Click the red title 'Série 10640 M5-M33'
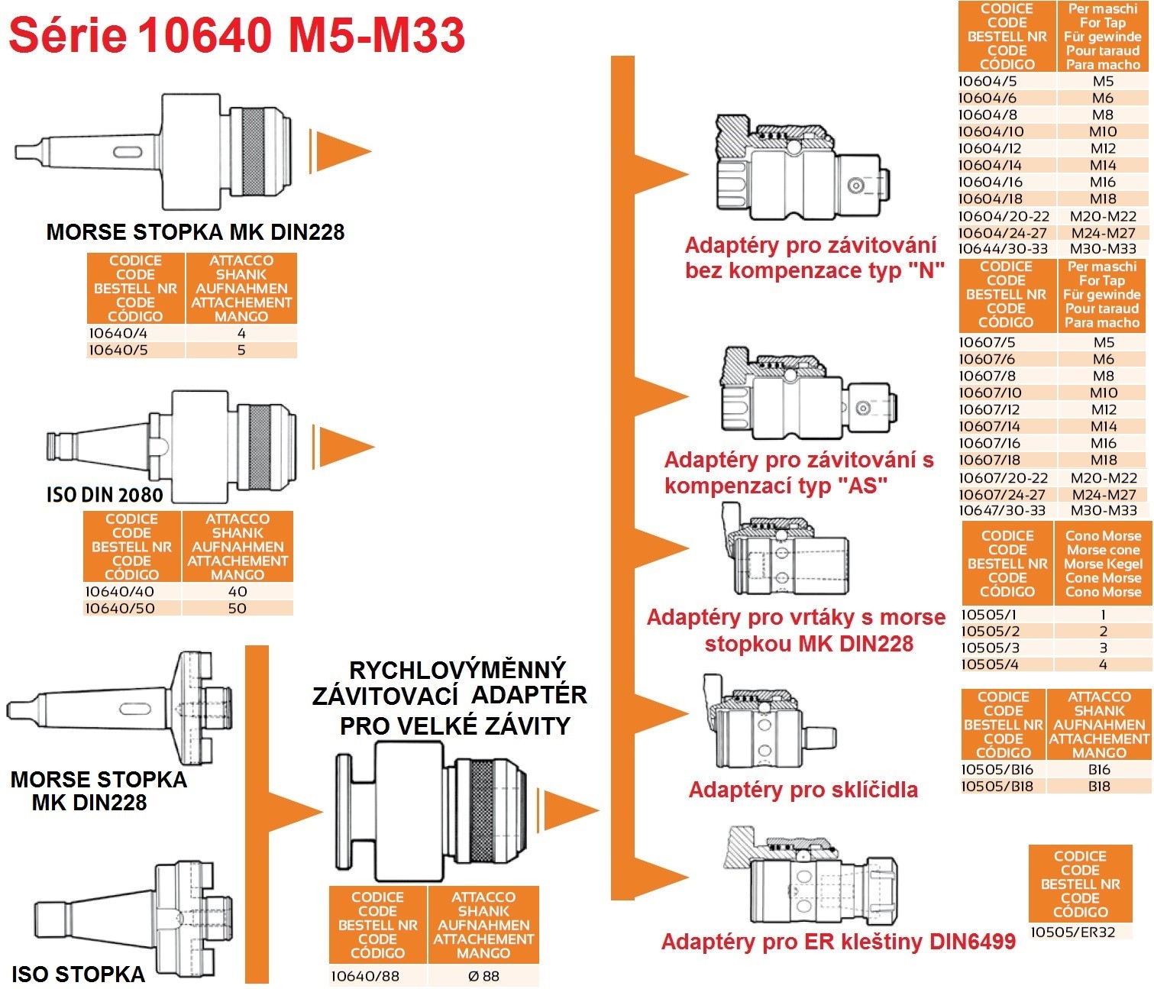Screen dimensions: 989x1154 point(237,35)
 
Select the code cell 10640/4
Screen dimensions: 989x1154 point(118,333)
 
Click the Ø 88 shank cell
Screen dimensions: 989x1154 point(483,976)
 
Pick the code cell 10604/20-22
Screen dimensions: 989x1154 point(1004,216)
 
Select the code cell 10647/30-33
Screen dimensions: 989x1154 point(1002,510)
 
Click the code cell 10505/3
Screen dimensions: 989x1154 point(990,648)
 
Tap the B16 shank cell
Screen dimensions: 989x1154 point(1099,769)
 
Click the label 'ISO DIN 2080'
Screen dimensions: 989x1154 point(105,495)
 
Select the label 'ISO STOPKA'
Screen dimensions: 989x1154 point(78,974)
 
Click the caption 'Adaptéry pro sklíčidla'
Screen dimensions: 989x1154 point(803,790)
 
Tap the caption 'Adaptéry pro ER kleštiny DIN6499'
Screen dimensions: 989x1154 point(838,942)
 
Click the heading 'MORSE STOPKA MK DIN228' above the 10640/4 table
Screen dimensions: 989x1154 point(196,232)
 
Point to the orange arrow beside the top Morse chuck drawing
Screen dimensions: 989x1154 point(341,150)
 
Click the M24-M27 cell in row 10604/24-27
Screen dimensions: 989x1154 point(1103,233)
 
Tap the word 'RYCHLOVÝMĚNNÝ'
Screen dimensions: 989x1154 point(457,670)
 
